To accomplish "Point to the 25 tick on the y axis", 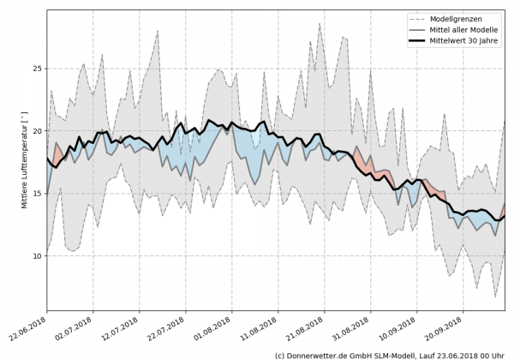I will [37, 69].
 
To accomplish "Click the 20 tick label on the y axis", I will [37, 131].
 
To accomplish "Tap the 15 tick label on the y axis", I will [37, 194].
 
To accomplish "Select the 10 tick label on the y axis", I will [37, 256].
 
